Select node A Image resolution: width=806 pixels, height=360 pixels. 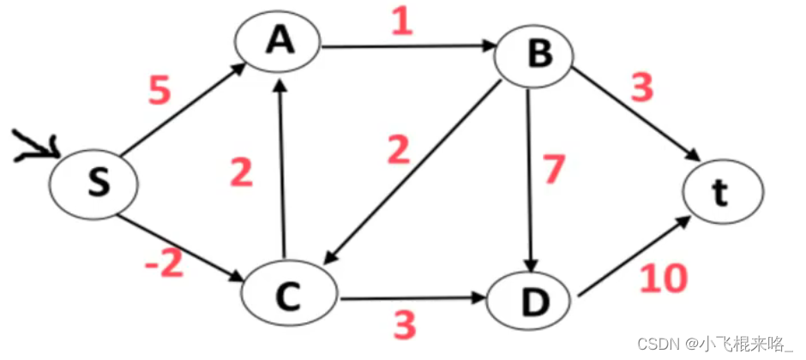point(280,43)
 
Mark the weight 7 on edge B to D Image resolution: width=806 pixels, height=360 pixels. point(555,170)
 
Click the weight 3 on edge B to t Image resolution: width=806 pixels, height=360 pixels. point(641,88)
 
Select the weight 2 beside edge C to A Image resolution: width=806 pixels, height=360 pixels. point(242,174)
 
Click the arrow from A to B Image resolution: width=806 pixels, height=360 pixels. point(407,47)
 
